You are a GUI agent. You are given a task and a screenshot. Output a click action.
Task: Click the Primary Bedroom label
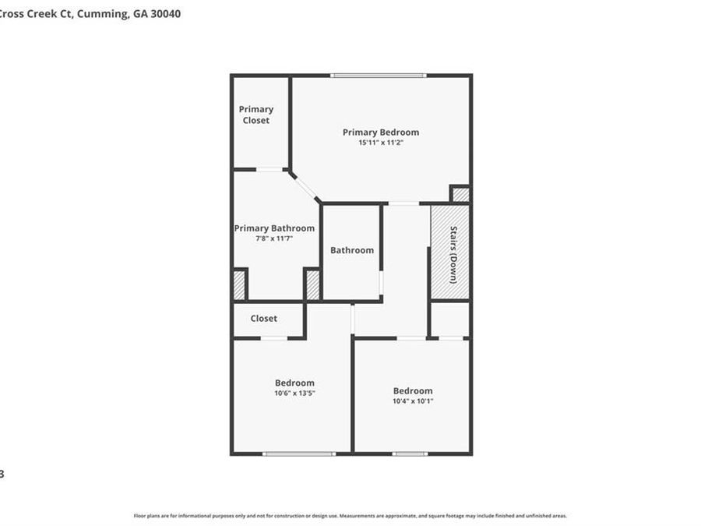(x=380, y=132)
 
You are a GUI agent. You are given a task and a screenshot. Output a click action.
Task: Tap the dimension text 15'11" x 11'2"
(x=380, y=143)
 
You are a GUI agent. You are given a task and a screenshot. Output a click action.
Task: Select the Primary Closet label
(x=255, y=115)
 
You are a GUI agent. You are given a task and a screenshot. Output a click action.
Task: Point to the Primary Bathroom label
(x=274, y=228)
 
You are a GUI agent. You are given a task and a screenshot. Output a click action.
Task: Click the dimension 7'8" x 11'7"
(x=274, y=238)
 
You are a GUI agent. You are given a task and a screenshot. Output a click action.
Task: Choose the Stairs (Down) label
(x=453, y=254)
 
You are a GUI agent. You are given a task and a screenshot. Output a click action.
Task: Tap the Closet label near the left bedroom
(x=263, y=319)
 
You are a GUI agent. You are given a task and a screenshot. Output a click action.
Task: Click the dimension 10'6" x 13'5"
(x=294, y=393)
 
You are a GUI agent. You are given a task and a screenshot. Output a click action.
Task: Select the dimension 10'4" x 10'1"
(x=413, y=401)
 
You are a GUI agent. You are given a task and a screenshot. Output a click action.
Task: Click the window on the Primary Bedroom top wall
(x=378, y=76)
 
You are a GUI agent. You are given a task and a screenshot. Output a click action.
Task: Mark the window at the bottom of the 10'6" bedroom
(x=299, y=454)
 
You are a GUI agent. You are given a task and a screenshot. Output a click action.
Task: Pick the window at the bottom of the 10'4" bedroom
(x=410, y=454)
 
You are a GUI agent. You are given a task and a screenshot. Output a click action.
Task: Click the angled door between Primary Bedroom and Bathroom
(x=305, y=187)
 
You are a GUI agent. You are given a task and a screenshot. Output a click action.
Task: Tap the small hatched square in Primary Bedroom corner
(x=460, y=195)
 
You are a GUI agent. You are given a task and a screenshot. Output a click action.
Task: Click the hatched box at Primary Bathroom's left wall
(x=239, y=285)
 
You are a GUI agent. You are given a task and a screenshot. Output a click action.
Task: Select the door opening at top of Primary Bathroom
(x=269, y=169)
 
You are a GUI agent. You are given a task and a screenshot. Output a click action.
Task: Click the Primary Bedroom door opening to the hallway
(x=403, y=203)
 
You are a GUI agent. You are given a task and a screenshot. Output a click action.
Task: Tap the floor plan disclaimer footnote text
(x=350, y=516)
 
